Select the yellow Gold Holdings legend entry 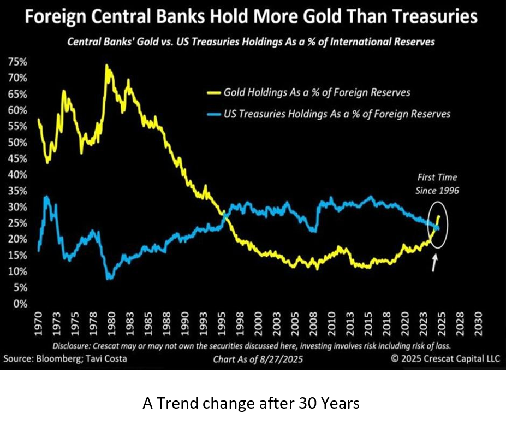tap(317, 92)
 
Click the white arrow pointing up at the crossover tap(434, 263)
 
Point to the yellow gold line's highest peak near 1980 tap(106, 66)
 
